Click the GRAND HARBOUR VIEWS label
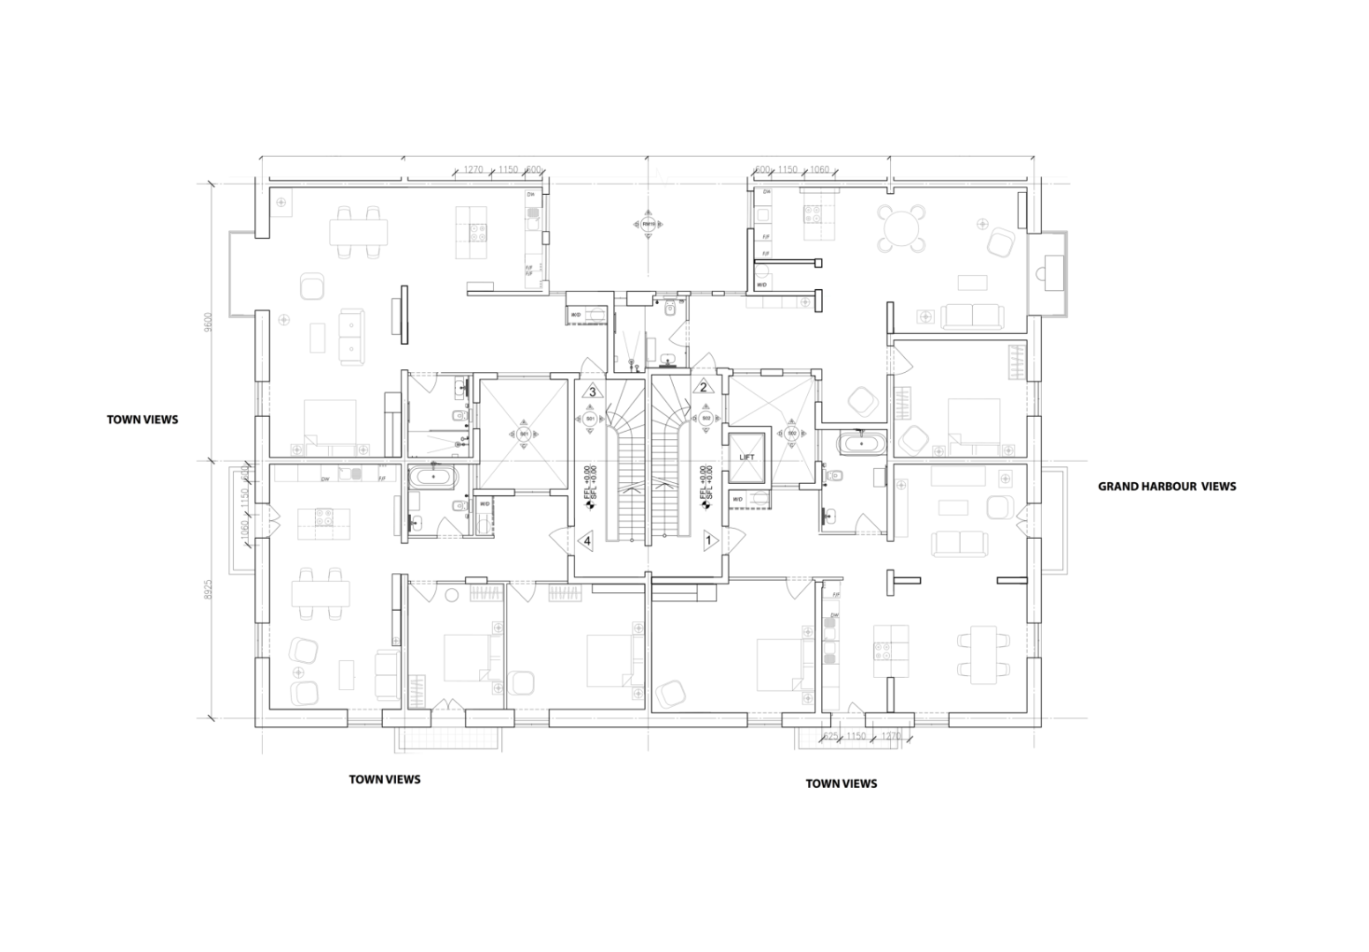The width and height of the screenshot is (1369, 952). pos(1166,486)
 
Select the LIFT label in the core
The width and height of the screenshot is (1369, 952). pos(747,457)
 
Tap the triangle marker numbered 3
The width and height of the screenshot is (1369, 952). pos(593,391)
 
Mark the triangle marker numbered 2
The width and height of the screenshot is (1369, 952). pos(704,386)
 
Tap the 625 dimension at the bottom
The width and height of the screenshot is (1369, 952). pos(829,736)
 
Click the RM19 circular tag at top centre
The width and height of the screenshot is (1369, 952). pos(648,224)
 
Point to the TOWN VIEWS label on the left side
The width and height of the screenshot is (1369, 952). pos(142,420)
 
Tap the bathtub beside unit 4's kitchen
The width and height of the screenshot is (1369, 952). pos(432,479)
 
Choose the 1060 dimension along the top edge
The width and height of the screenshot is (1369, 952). pos(819,169)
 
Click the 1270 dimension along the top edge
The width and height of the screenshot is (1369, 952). pos(475,169)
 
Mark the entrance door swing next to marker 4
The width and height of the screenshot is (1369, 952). pos(557,536)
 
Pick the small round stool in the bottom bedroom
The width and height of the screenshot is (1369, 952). pos(452,594)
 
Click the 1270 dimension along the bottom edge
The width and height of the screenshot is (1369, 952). pos(891,736)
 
